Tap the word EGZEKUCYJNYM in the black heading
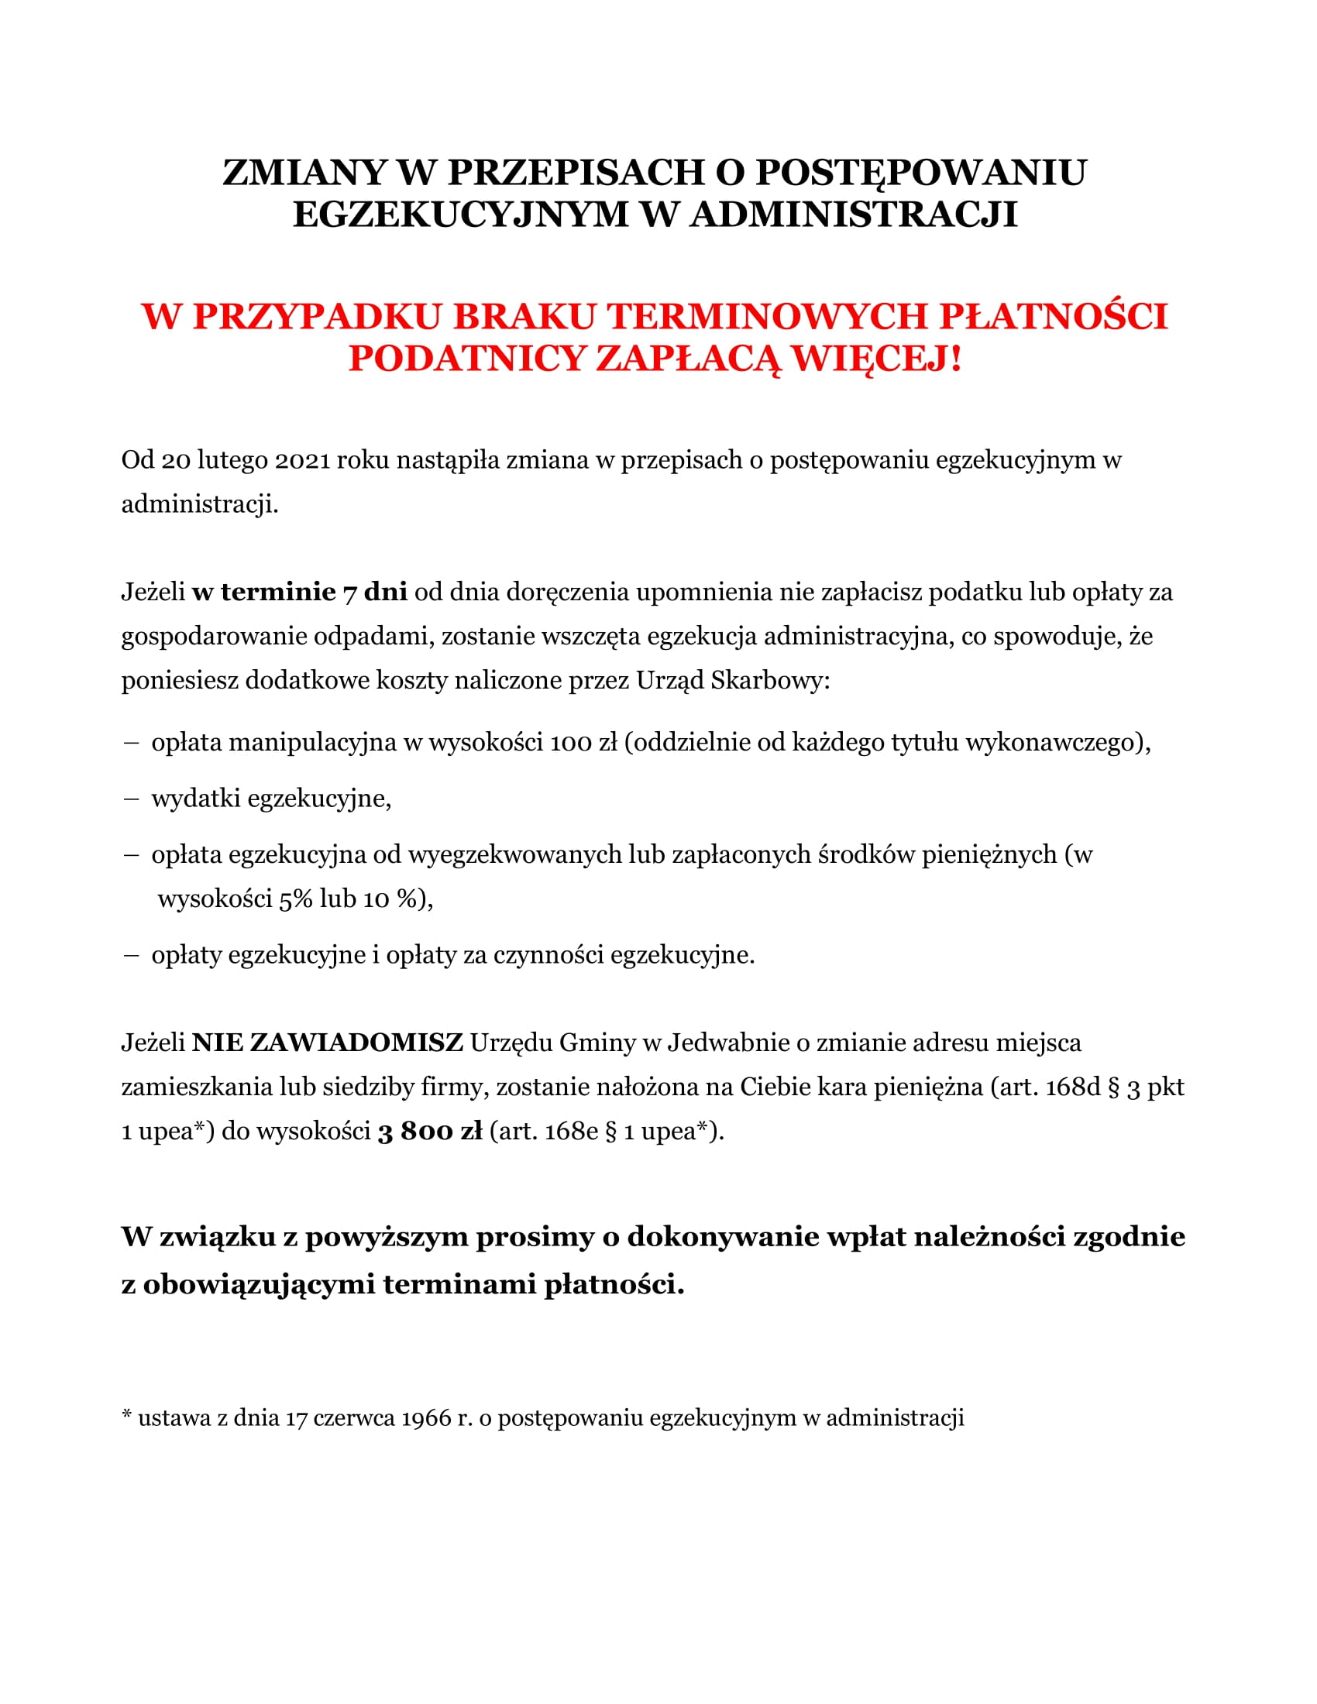click(x=460, y=215)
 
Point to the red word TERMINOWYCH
click(x=767, y=316)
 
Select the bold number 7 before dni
click(x=350, y=593)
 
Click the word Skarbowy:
click(x=770, y=680)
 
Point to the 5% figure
click(x=296, y=898)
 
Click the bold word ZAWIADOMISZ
click(x=328, y=1043)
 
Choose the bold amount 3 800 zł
click(x=430, y=1132)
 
